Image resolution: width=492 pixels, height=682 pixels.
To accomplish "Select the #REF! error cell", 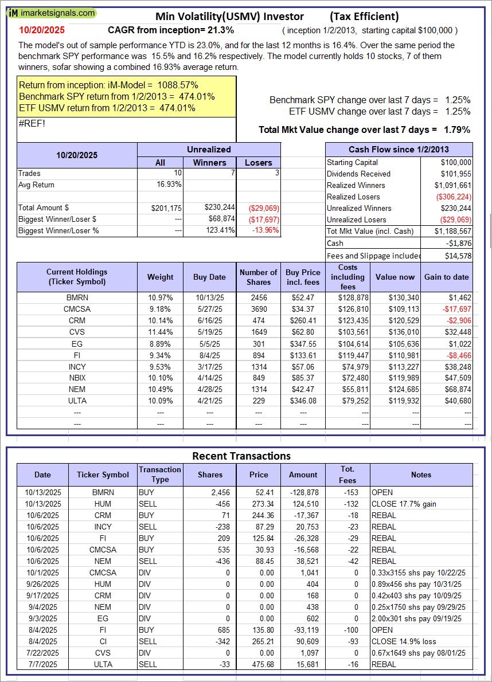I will pos(32,122).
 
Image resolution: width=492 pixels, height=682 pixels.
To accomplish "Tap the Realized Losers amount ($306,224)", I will pos(454,197).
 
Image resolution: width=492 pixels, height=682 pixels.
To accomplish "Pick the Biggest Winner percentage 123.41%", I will pos(216,230).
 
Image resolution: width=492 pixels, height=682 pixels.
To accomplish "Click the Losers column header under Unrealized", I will pos(259,163).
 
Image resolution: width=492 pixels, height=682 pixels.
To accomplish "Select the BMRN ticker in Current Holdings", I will pos(77,298).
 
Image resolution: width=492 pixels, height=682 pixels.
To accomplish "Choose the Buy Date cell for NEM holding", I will pos(209,390).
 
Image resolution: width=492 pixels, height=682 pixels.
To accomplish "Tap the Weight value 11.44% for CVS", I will pos(160,332).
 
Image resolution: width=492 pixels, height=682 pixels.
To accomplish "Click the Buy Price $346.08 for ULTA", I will pos(303,401).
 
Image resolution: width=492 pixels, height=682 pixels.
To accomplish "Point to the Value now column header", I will pos(395,277).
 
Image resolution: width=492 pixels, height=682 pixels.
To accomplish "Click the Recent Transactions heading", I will pos(241,456).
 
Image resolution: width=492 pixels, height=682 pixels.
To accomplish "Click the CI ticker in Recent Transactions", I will pos(103,641).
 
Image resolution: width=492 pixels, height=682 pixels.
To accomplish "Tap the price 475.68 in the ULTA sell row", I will pos(259,664).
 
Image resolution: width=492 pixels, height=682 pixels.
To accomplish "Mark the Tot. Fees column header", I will pos(347,475).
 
